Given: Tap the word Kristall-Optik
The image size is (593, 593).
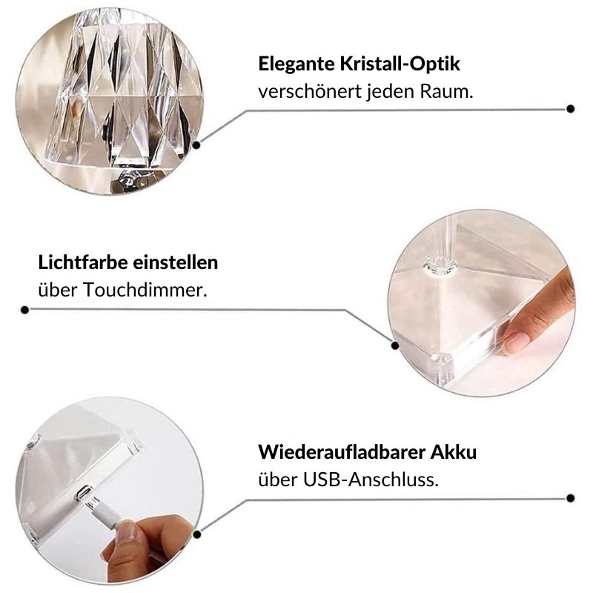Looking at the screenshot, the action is (400, 64).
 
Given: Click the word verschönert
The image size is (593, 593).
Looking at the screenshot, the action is (310, 91).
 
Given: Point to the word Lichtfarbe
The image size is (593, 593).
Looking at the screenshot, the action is (81, 262).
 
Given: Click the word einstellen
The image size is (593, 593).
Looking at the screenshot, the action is (173, 262).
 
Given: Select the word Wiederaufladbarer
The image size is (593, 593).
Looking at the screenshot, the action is (342, 451).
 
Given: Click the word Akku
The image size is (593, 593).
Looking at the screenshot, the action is (454, 451).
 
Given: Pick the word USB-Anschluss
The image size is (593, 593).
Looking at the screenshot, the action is (371, 480).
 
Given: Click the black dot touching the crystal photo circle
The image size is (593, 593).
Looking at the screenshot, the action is (196, 145).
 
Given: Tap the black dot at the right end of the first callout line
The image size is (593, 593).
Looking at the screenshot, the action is (571, 109).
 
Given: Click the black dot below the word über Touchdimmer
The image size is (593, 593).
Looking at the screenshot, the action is (25, 310).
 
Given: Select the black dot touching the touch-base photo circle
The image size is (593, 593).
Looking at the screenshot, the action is (395, 345).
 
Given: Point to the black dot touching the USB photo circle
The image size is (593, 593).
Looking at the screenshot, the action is (196, 534).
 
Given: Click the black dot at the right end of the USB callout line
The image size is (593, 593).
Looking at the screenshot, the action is (571, 498).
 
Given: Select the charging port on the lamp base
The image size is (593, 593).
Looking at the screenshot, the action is (84, 492).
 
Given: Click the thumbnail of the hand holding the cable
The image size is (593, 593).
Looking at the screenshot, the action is (127, 532).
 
